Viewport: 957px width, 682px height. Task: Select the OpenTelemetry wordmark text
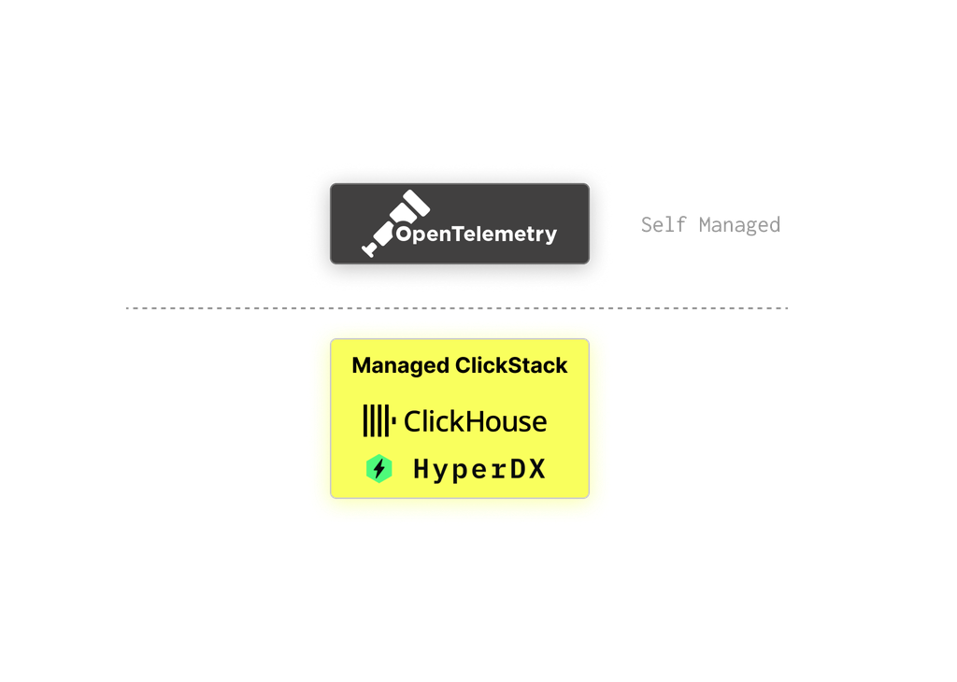[476, 234]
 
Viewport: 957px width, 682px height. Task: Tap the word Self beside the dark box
[663, 225]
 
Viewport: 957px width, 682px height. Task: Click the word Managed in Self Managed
[739, 225]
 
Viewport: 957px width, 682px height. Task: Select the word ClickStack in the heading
[511, 366]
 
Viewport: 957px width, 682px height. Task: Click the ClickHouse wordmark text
[475, 421]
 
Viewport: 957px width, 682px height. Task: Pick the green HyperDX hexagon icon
[379, 469]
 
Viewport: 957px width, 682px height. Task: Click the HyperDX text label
[478, 469]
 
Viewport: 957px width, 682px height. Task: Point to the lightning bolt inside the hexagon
[379, 469]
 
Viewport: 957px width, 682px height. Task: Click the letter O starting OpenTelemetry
[404, 234]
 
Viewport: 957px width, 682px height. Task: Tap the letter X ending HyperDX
[536, 469]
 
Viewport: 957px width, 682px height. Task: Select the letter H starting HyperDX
[422, 469]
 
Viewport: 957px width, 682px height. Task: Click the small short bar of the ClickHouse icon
[393, 422]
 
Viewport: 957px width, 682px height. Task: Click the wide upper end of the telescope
[412, 204]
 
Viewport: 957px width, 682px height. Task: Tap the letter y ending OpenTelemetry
[550, 236]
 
